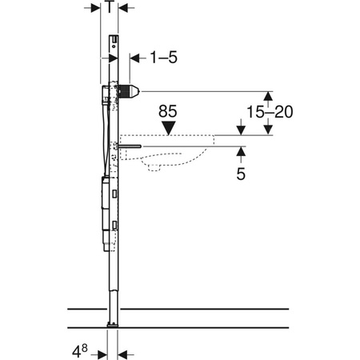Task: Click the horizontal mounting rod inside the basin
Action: point(130,146)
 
